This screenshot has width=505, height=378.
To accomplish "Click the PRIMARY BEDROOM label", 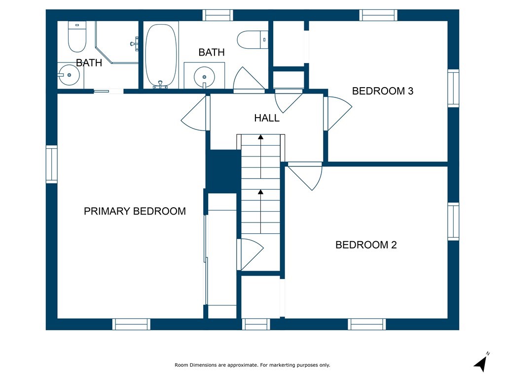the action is click(135, 211).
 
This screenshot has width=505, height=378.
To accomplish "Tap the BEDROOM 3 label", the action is click(383, 91).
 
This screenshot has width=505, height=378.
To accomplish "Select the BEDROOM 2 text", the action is click(366, 245).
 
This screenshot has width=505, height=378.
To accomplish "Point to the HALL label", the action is click(267, 118).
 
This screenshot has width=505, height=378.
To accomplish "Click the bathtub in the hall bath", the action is click(161, 55).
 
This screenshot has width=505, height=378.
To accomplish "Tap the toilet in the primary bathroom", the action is click(77, 36).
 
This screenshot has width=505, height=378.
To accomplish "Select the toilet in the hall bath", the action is click(252, 39).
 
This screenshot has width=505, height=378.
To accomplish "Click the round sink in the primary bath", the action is click(69, 75).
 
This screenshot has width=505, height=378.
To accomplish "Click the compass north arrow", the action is click(481, 364).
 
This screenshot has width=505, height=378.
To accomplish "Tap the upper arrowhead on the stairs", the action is click(260, 137).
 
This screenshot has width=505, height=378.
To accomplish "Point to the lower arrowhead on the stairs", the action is click(260, 192).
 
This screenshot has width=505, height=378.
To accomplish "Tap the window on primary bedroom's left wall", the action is click(51, 164).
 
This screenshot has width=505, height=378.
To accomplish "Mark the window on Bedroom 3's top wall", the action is click(378, 15).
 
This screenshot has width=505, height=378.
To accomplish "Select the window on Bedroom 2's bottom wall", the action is click(367, 324).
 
